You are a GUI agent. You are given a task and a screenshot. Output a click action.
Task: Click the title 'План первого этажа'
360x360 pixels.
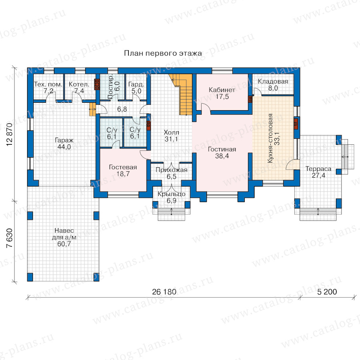pyautogui.click(x=163, y=53)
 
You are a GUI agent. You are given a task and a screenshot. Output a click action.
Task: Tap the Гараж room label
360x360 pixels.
pyautogui.click(x=64, y=140)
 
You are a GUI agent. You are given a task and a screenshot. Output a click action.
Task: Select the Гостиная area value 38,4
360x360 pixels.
pyautogui.click(x=222, y=156)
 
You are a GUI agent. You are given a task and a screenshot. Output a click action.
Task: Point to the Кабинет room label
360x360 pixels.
pyautogui.click(x=222, y=90)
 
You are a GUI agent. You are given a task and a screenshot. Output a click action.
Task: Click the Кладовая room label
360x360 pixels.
pyautogui.click(x=273, y=82)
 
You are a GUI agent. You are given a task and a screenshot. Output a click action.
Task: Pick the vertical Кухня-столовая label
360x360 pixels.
pyautogui.click(x=270, y=138)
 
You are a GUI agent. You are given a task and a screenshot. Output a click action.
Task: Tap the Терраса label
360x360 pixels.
pyautogui.click(x=318, y=169)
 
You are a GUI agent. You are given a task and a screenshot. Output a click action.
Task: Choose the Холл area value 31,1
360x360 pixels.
pyautogui.click(x=171, y=139)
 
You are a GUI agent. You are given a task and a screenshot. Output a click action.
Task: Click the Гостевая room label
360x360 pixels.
pyautogui.click(x=123, y=167)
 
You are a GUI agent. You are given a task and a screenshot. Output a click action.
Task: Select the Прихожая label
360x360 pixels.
pyautogui.click(x=172, y=170)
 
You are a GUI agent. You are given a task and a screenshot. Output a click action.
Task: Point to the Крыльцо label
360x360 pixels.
pyautogui.click(x=172, y=194)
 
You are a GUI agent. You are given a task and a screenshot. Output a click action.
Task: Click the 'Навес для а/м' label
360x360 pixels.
pyautogui.click(x=64, y=234)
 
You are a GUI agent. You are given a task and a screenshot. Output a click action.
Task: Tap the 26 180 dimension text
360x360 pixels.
pyautogui.click(x=164, y=292)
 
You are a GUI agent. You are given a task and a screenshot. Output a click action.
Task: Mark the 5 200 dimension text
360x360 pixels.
pyautogui.click(x=327, y=292)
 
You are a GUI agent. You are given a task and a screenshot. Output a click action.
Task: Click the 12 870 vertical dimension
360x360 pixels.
pyautogui.click(x=10, y=134)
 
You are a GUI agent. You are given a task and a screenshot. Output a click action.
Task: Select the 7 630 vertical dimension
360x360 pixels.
pyautogui.click(x=10, y=238)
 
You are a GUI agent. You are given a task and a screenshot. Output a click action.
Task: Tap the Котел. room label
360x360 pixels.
pyautogui.click(x=79, y=84)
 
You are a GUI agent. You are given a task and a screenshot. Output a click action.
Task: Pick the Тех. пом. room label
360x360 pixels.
pyautogui.click(x=48, y=84)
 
